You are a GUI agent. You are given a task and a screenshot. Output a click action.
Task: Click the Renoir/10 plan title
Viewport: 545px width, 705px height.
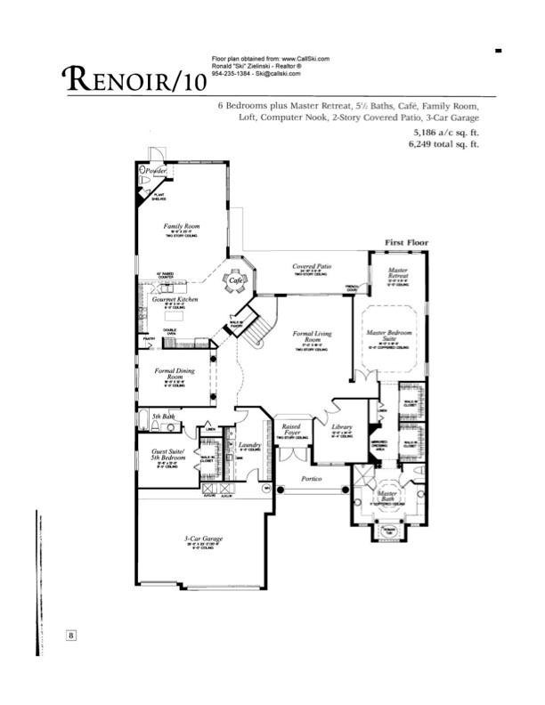point(133,80)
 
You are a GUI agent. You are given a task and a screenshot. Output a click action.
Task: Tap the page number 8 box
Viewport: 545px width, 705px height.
point(71,635)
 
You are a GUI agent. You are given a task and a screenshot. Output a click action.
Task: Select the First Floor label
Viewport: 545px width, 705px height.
point(406,242)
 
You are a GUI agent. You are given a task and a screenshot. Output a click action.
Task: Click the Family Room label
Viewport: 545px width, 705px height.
point(181,227)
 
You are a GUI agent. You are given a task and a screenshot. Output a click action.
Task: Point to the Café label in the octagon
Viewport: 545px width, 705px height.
point(236,280)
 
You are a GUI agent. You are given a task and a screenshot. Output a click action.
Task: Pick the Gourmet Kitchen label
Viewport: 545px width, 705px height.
point(175,301)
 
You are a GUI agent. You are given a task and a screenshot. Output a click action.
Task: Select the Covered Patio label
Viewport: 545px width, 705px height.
point(312,266)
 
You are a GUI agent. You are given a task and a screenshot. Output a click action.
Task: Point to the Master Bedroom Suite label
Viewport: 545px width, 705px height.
point(389,336)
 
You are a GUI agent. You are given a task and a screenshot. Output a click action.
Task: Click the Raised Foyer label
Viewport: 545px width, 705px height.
point(289,429)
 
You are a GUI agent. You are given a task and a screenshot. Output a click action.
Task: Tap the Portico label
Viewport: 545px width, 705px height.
point(310,480)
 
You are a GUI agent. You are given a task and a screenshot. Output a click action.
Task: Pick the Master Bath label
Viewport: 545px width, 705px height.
point(386,497)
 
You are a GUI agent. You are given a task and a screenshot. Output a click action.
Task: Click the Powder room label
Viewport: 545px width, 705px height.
point(158,169)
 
